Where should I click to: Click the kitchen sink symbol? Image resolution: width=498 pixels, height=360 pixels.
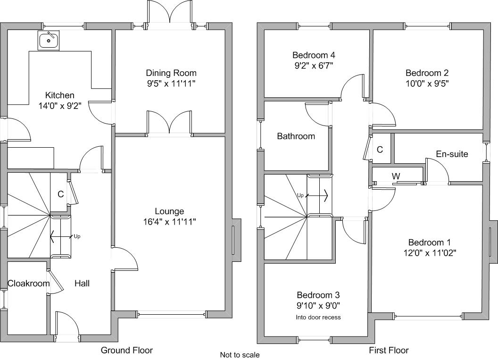tap(48, 41)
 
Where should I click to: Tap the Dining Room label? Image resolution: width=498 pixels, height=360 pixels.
tap(171, 73)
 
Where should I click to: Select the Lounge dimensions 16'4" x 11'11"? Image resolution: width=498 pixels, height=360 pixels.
tap(169, 221)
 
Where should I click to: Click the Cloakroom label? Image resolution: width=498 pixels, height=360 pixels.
tap(29, 284)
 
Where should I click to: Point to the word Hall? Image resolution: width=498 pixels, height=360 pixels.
tap(82, 284)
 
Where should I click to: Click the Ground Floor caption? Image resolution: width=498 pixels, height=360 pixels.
tap(127, 350)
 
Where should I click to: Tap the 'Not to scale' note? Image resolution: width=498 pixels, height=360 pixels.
tap(240, 355)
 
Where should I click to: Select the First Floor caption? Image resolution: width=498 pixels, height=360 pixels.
tap(389, 350)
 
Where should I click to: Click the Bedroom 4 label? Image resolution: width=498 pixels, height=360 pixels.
tap(314, 55)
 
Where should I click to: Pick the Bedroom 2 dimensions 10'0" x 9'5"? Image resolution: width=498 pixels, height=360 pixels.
tap(427, 83)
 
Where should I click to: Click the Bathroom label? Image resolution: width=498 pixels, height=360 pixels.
tap(296, 136)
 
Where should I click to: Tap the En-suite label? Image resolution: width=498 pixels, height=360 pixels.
tap(452, 154)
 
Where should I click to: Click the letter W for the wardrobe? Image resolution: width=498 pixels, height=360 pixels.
tap(396, 176)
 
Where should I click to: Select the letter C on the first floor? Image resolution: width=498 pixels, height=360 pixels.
tap(380, 150)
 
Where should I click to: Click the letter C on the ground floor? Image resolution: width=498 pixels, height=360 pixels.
tap(61, 194)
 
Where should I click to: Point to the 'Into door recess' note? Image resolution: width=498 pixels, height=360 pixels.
tap(318, 317)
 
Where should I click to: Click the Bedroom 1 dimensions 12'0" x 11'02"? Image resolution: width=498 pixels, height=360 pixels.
tap(430, 253)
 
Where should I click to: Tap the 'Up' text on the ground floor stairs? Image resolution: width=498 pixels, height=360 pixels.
tap(77, 236)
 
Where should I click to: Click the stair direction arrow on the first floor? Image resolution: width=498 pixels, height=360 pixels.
tap(316, 195)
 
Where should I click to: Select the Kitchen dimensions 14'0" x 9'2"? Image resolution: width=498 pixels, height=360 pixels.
tap(60, 106)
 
